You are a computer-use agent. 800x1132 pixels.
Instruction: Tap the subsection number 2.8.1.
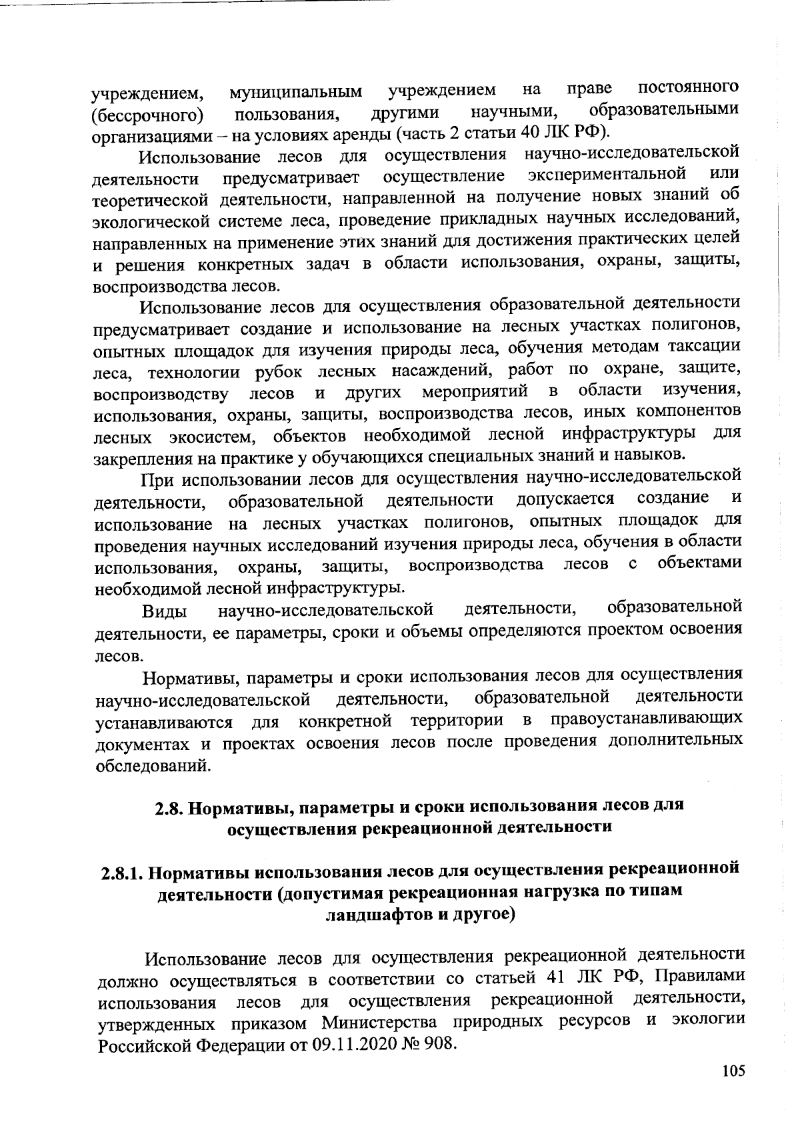coord(119,873)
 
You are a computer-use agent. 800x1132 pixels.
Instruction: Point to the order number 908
coord(439,1044)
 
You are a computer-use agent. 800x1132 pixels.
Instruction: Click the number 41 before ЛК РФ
coord(556,979)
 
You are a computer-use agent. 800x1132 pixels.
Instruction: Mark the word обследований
coord(154,765)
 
